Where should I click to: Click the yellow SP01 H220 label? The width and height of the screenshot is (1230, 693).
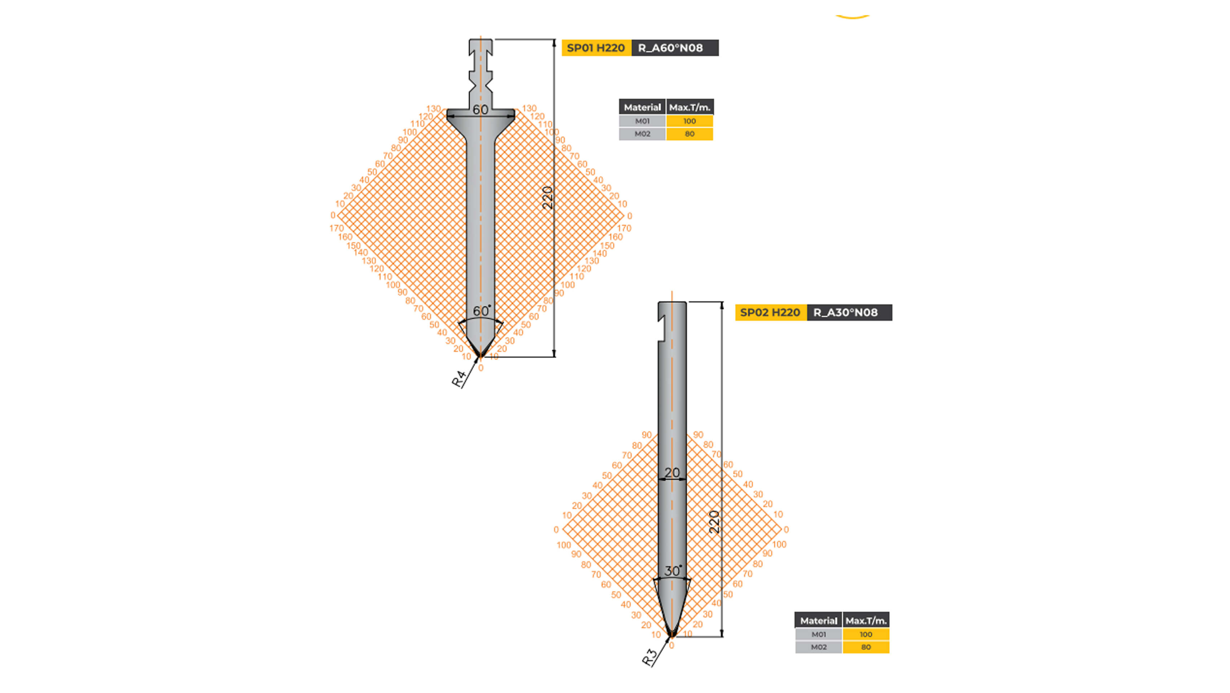pyautogui.click(x=596, y=48)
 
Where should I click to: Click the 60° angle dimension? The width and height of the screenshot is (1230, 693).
pyautogui.click(x=481, y=311)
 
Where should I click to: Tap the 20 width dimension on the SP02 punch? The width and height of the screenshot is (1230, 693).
pyautogui.click(x=672, y=473)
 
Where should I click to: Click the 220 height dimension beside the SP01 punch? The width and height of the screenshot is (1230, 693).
pyautogui.click(x=548, y=198)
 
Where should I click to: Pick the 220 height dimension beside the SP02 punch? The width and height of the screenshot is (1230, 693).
pyautogui.click(x=714, y=522)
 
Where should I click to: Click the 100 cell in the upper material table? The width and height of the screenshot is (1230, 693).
pyautogui.click(x=690, y=121)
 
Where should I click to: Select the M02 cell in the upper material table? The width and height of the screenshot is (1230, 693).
pyautogui.click(x=642, y=134)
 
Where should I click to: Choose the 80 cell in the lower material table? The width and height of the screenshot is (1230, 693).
pyautogui.click(x=866, y=647)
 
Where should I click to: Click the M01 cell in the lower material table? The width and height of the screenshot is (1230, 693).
pyautogui.click(x=818, y=634)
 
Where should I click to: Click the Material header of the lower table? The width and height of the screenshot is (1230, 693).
pyautogui.click(x=818, y=620)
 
